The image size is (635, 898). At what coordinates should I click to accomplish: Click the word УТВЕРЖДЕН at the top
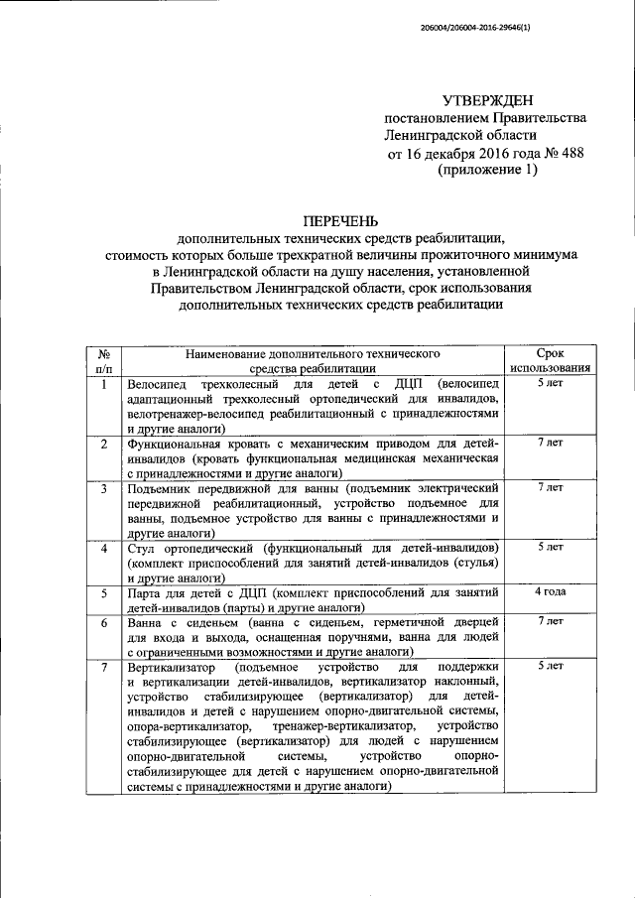(x=487, y=99)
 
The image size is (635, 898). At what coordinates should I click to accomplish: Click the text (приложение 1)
(x=487, y=171)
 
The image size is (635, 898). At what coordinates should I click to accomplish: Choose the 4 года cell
(x=551, y=591)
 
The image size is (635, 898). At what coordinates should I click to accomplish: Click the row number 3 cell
(x=104, y=489)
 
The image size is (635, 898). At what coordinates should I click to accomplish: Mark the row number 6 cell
(x=104, y=622)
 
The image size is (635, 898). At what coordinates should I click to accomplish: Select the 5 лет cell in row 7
(x=551, y=666)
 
